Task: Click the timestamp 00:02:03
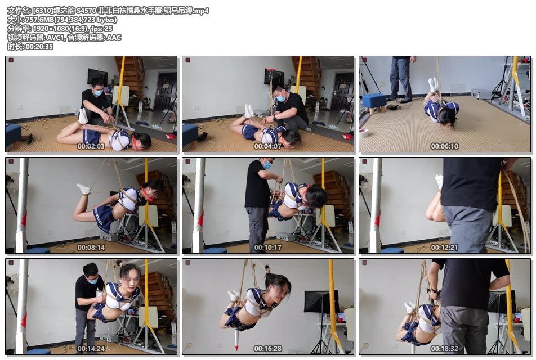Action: pyautogui.click(x=91, y=146)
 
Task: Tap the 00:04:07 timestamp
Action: pyautogui.click(x=267, y=146)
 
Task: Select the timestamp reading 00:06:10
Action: pyautogui.click(x=444, y=146)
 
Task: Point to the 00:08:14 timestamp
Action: pyautogui.click(x=91, y=247)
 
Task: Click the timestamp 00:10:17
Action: pyautogui.click(x=267, y=247)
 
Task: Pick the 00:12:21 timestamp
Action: pyautogui.click(x=444, y=247)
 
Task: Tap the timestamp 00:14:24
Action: pyautogui.click(x=91, y=349)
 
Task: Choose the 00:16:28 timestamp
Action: pyautogui.click(x=267, y=349)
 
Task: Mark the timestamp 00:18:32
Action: pyautogui.click(x=444, y=349)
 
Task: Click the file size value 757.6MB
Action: pyautogui.click(x=38, y=20)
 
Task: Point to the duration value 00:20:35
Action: pyautogui.click(x=39, y=47)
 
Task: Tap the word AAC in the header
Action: pyautogui.click(x=114, y=38)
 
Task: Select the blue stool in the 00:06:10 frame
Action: pyautogui.click(x=374, y=103)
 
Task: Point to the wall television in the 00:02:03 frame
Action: pyautogui.click(x=97, y=76)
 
